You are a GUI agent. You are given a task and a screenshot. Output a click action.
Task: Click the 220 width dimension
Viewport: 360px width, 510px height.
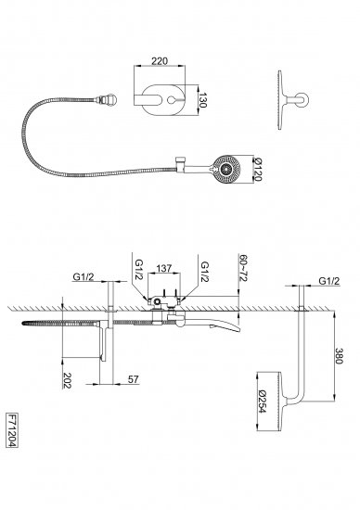point(160,61)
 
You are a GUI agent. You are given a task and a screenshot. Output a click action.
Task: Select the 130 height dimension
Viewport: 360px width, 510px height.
point(202,100)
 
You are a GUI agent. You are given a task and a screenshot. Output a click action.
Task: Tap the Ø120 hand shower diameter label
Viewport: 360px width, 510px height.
point(257,169)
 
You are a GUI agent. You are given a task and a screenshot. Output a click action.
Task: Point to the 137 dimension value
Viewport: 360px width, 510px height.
point(163,268)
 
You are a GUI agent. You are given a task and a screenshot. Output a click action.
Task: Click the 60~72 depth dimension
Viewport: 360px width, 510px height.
point(244,268)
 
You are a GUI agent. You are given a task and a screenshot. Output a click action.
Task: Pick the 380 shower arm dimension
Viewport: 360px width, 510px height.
point(339,356)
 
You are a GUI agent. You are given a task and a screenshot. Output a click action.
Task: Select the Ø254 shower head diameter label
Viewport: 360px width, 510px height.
point(262,402)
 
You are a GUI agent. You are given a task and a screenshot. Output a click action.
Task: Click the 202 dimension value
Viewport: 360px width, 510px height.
point(67,380)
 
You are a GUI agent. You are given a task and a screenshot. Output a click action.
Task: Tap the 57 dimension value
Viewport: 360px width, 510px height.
point(133,379)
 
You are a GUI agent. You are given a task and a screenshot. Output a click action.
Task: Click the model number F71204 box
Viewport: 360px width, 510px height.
point(12,430)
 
